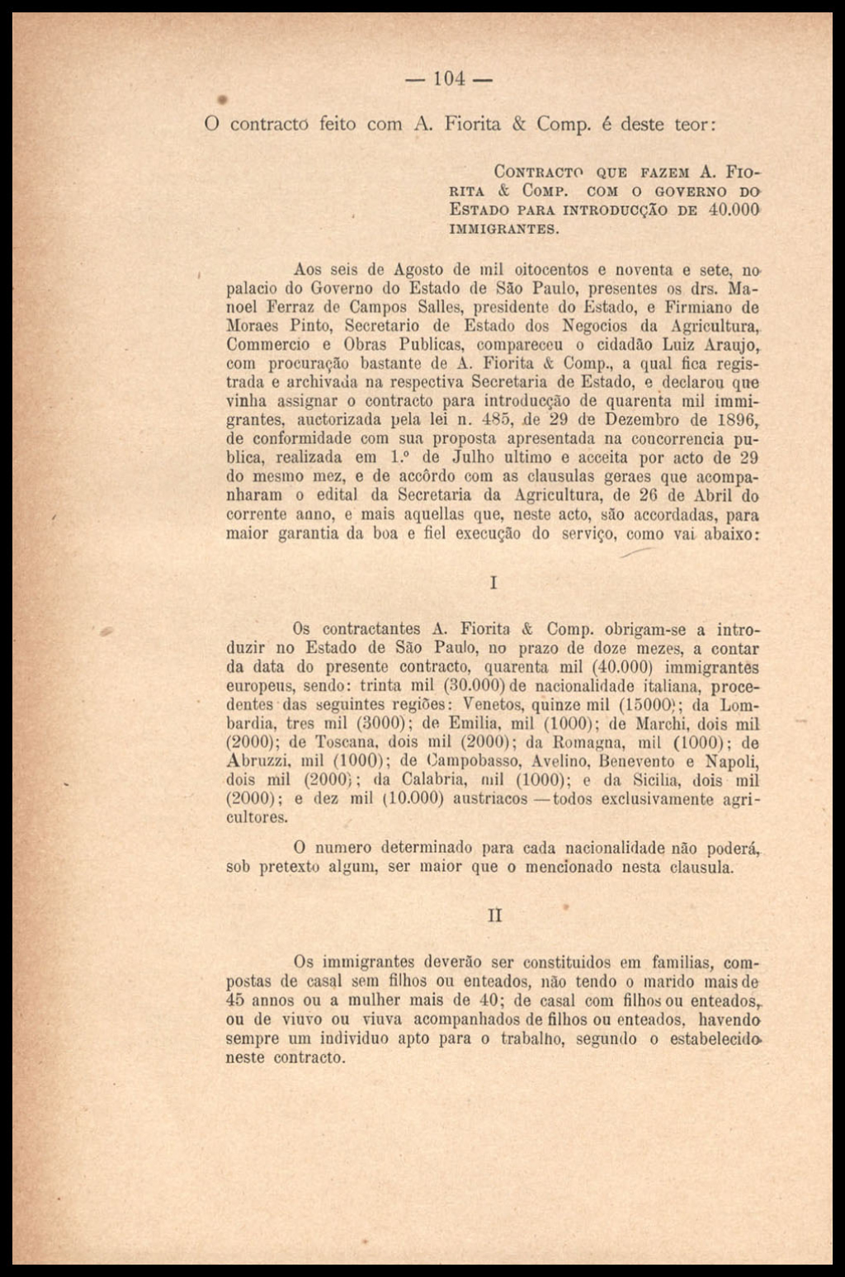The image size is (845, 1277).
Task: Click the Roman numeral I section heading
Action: tap(493, 583)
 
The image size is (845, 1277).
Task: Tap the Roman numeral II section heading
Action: tap(495, 915)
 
